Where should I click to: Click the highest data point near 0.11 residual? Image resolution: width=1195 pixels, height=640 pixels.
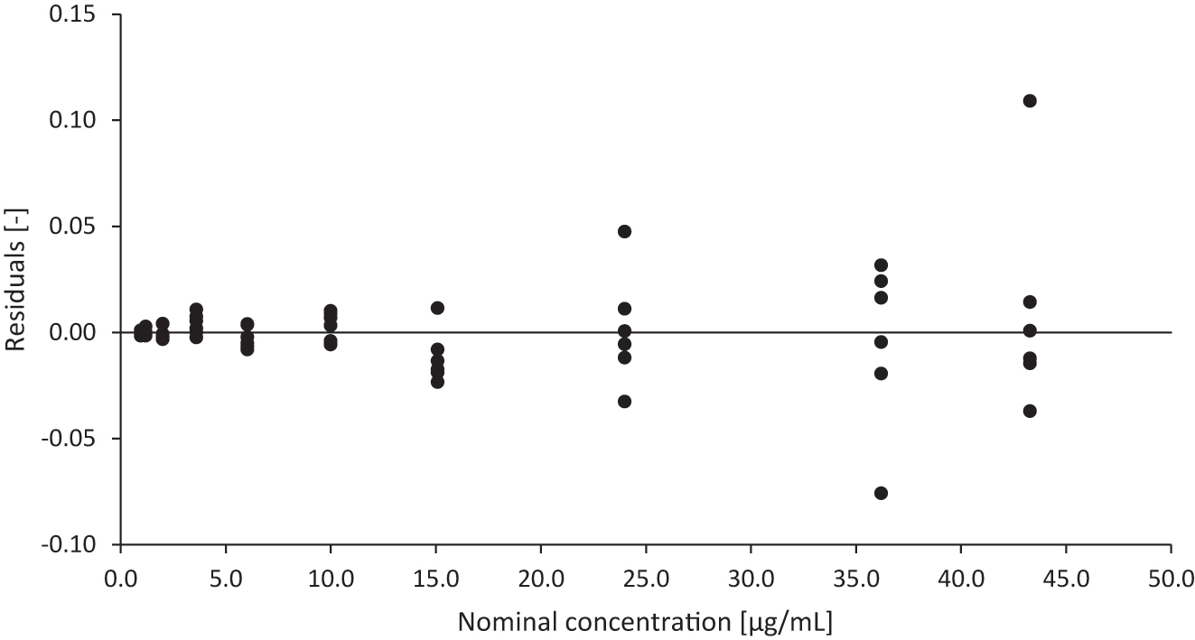click(x=1029, y=100)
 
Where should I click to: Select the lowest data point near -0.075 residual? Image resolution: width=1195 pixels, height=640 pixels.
click(x=881, y=493)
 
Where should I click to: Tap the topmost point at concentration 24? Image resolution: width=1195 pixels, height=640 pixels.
click(x=624, y=231)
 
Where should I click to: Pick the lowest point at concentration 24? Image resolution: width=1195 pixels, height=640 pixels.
click(x=624, y=402)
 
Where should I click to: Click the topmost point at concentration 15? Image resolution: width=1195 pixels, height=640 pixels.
click(x=437, y=308)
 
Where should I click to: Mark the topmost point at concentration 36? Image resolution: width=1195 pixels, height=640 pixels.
click(x=881, y=265)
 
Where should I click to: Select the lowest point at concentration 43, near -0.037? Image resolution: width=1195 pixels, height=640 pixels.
click(x=1029, y=411)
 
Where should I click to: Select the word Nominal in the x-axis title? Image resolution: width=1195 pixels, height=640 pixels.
click(x=499, y=622)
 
